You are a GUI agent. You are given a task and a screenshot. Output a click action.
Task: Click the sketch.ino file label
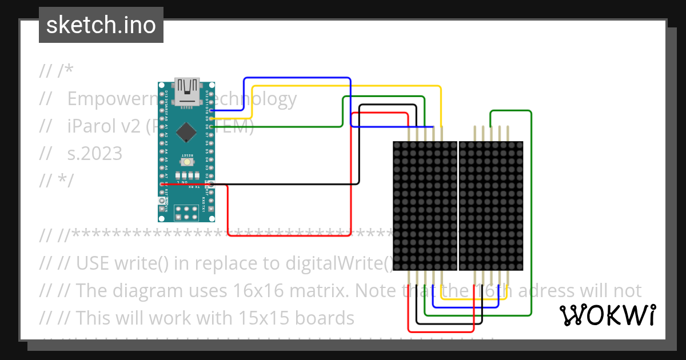101,25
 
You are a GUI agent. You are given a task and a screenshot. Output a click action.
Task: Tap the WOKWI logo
607,315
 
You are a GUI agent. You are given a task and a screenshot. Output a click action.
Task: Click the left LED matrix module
425,206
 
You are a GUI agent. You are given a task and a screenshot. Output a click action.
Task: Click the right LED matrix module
491,206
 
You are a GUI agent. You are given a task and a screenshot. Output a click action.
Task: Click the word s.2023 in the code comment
95,153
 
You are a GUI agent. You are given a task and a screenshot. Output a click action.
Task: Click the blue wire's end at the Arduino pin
212,110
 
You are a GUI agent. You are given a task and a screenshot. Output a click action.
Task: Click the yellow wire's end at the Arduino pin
212,118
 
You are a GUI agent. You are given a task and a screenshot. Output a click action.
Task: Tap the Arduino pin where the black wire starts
212,184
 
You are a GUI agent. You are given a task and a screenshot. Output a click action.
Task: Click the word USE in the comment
93,263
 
